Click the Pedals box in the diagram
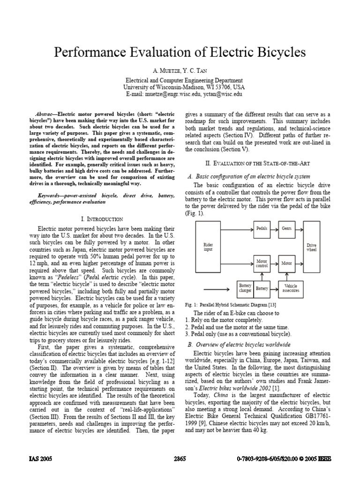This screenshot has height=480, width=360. (x=262, y=228)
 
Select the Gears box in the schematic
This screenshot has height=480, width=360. (x=286, y=228)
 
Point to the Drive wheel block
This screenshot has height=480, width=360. (x=311, y=247)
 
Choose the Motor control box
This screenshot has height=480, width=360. (x=262, y=263)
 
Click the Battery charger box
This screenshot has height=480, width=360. (x=245, y=288)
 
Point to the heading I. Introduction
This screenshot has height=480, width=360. (x=102, y=219)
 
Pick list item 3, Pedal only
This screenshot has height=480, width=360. (x=238, y=334)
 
